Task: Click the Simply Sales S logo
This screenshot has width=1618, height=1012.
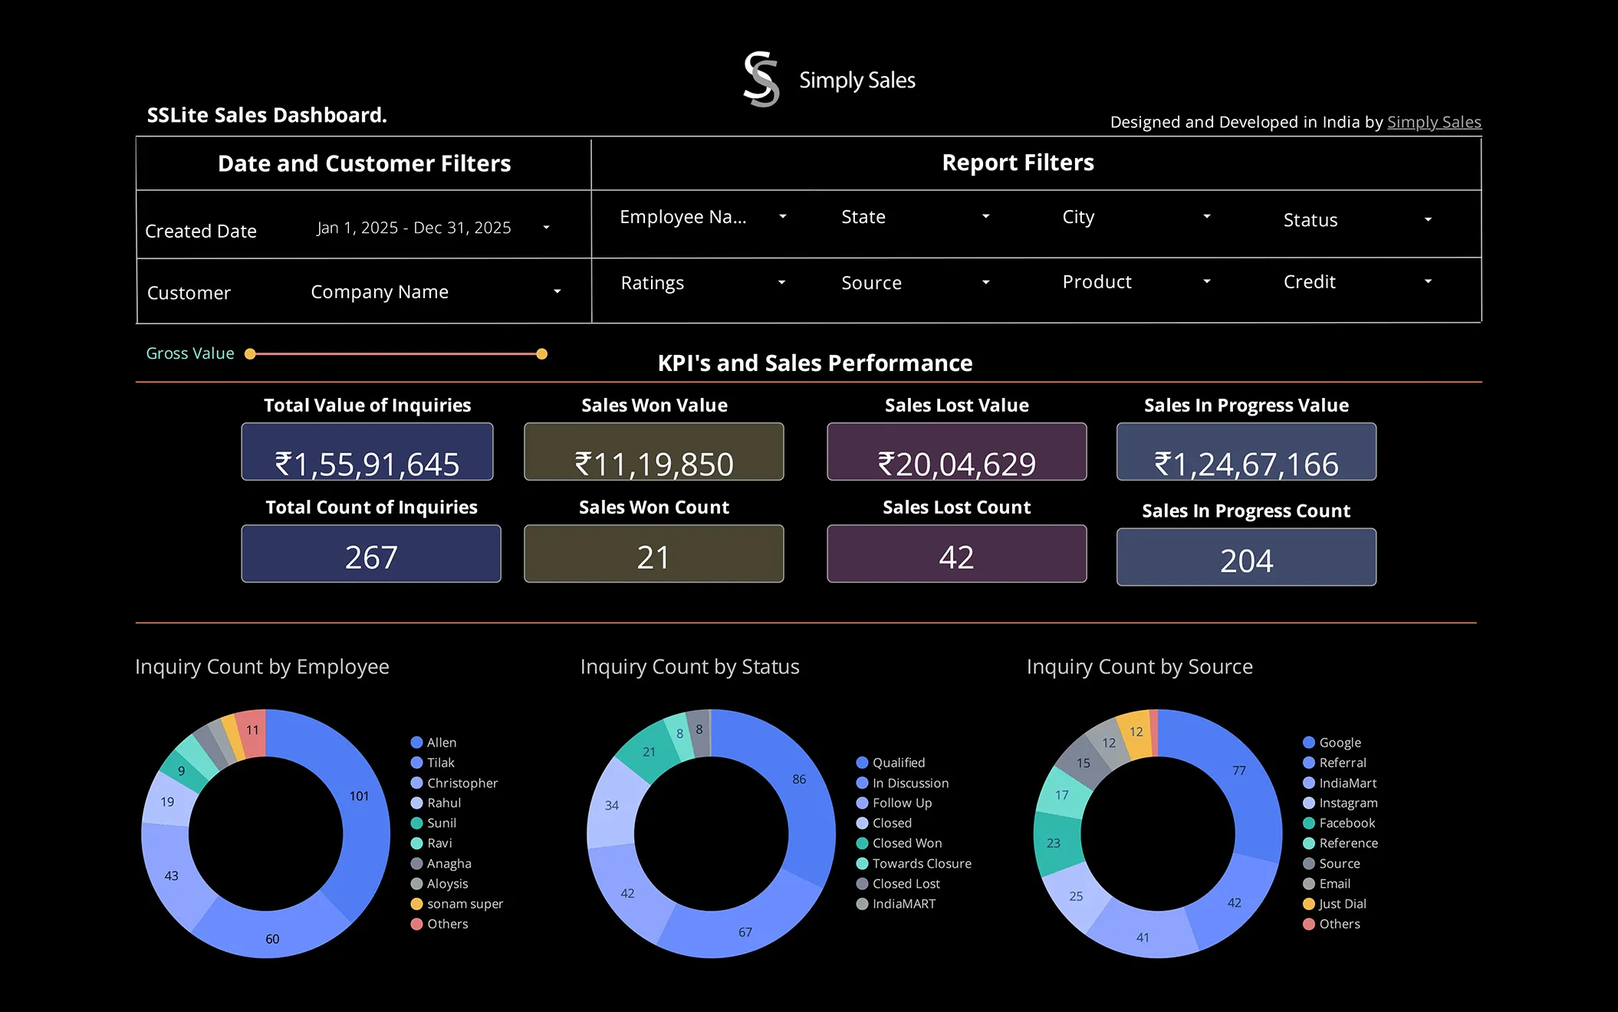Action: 761,80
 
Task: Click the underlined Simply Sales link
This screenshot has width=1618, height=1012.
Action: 1433,123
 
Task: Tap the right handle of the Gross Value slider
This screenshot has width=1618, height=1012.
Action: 541,354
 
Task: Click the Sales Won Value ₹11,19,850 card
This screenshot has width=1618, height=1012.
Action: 653,452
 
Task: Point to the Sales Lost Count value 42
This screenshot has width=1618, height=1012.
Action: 955,557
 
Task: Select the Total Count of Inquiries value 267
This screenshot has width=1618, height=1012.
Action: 370,557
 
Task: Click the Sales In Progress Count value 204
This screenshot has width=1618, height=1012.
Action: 1245,560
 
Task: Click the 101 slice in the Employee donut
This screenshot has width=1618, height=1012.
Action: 358,796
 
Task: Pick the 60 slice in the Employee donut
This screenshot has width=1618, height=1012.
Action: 272,938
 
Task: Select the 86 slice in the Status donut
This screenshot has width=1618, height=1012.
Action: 798,779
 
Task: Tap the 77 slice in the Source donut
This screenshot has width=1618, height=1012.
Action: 1238,770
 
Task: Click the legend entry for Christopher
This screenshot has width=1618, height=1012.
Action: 461,783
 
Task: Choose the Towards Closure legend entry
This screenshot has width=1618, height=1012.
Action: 920,863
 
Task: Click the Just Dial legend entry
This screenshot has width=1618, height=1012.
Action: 1341,904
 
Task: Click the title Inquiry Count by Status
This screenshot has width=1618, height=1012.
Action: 689,667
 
